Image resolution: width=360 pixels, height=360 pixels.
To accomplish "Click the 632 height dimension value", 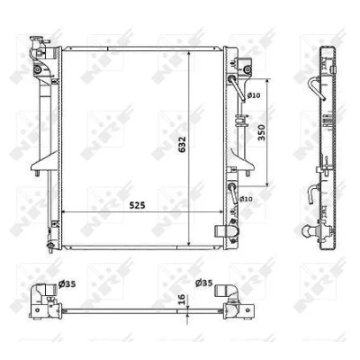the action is tap(183, 145).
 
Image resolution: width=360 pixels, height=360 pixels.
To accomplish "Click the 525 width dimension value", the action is tap(137, 205).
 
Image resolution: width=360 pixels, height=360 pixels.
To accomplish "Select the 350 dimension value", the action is tap(262, 132).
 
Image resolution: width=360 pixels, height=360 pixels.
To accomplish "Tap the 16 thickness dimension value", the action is tap(182, 300).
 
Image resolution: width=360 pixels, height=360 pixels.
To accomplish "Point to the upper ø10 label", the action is tap(254, 95).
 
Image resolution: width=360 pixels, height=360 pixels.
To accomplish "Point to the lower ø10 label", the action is tap(246, 199).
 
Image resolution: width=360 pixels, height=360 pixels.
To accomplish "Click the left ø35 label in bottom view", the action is tap(67, 283).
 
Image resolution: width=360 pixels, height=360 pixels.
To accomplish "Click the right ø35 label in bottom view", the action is tap(203, 283).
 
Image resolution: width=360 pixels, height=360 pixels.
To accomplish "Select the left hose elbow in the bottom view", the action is tap(45, 291).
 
